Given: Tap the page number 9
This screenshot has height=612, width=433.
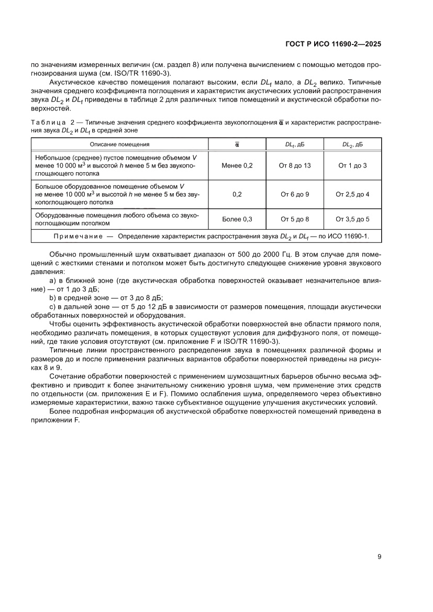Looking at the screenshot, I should click(379, 557).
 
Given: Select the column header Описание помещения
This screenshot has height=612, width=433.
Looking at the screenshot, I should click(119, 144).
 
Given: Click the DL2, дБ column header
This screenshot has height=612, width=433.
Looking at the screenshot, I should click(352, 144).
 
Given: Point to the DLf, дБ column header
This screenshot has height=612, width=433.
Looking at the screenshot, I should click(295, 144).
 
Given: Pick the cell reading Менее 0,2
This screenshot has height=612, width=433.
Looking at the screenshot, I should click(237, 165).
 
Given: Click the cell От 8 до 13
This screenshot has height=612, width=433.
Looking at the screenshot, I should click(295, 165).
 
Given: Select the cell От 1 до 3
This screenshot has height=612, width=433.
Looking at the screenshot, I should click(352, 165).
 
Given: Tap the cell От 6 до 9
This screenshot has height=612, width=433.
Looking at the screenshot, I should click(295, 194).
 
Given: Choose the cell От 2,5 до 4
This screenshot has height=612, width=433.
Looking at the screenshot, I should click(352, 194).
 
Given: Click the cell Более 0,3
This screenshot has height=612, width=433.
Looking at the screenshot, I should click(237, 219).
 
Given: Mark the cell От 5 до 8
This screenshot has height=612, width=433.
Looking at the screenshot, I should click(295, 219).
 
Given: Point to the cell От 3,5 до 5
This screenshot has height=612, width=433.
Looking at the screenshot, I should click(352, 219).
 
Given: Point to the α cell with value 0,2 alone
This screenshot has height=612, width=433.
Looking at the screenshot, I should click(237, 194).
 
